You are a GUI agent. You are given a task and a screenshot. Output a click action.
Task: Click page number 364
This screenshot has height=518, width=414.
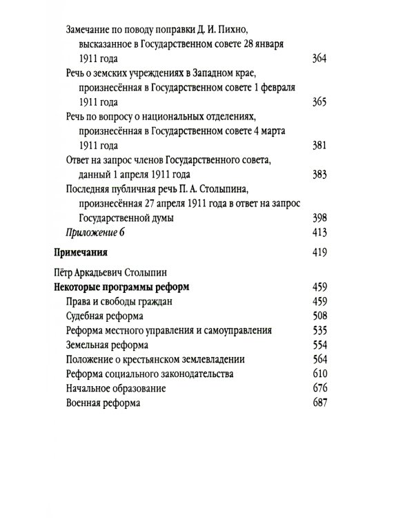(319, 59)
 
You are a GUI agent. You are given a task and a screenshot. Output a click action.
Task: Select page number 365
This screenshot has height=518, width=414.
(319, 102)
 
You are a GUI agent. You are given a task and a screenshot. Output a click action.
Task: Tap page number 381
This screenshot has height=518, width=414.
(319, 146)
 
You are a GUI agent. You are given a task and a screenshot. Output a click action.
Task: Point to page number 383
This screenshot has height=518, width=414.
(319, 175)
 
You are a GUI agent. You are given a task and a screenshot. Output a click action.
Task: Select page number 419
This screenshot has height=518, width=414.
(319, 252)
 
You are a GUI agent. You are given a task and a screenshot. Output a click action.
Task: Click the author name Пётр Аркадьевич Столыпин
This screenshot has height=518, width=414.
(104, 272)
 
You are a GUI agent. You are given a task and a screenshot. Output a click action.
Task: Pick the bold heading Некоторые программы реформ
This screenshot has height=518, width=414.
(121, 287)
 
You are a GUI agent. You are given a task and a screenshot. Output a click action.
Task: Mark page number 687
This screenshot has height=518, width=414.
(319, 403)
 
